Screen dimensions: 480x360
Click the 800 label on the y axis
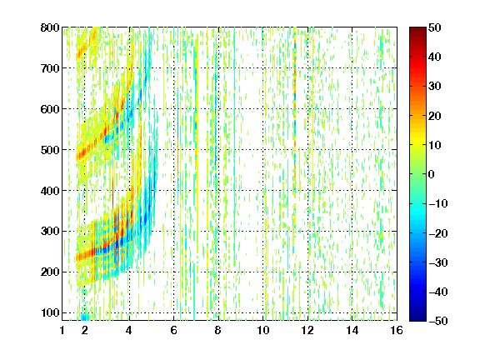click(x=50, y=27)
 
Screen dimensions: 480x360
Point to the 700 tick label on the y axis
click(x=50, y=68)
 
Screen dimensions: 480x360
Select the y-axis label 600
click(x=50, y=109)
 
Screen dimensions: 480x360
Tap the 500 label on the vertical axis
click(x=50, y=150)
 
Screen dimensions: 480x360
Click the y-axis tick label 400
click(x=50, y=191)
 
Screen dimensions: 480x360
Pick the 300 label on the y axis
click(x=50, y=232)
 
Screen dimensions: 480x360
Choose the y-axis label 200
click(x=50, y=272)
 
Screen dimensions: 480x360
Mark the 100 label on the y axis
click(x=50, y=312)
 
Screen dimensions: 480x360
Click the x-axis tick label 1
click(x=62, y=330)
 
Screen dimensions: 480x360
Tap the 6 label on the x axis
click(x=174, y=330)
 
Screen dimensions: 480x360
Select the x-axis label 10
click(x=263, y=330)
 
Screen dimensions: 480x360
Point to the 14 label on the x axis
click(x=352, y=330)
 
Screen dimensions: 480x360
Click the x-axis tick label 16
click(x=397, y=330)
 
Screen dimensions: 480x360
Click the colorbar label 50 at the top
click(x=435, y=27)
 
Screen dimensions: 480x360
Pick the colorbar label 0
click(x=432, y=174)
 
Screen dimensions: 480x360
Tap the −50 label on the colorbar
click(x=438, y=321)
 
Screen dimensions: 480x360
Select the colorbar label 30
click(x=435, y=87)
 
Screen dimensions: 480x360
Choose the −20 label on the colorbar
click(x=438, y=233)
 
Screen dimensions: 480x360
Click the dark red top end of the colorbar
click(x=417, y=29)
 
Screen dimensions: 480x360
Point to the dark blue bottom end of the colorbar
click(x=417, y=319)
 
